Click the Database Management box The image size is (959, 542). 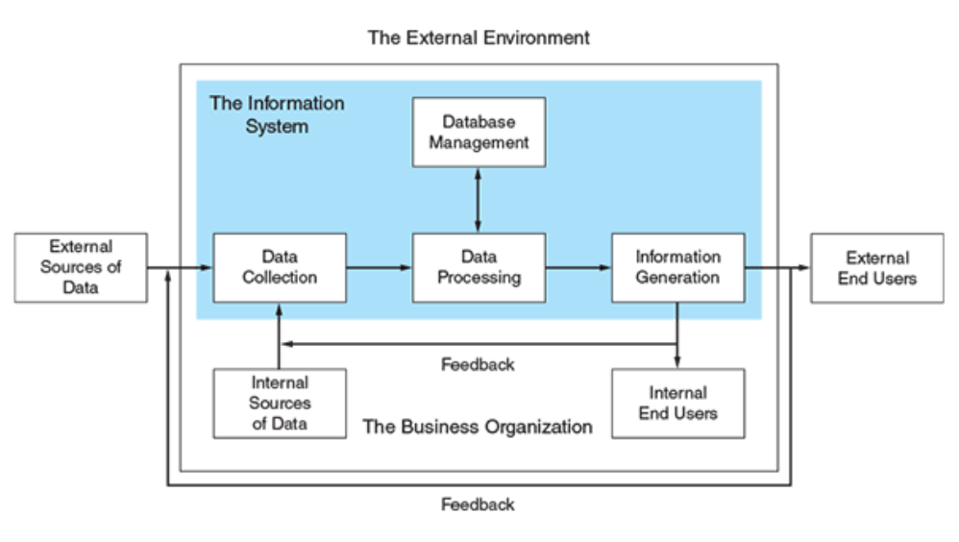(479, 133)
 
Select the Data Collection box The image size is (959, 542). (280, 268)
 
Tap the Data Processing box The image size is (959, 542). (479, 268)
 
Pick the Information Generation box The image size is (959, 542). (677, 268)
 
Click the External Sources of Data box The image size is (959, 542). (82, 267)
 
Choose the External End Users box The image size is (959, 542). (876, 268)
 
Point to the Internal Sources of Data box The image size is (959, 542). (280, 404)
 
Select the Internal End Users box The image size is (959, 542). (677, 404)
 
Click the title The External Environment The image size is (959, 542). (479, 38)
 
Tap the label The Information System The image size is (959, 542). (277, 113)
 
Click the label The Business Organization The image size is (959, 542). (477, 427)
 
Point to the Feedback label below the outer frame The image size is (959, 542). (478, 504)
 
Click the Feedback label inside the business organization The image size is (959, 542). (478, 364)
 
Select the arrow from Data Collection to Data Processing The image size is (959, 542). (380, 268)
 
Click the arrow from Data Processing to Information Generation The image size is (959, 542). (578, 268)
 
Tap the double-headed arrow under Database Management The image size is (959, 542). (479, 199)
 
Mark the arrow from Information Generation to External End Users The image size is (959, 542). (776, 268)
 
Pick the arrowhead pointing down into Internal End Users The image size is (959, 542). (677, 362)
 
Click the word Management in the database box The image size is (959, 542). (479, 143)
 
